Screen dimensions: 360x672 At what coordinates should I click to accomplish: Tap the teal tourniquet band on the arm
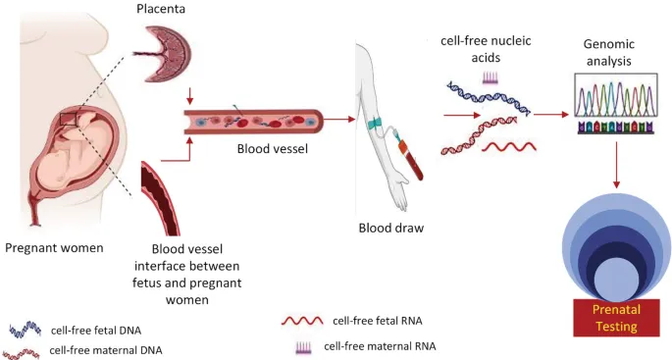click(375, 124)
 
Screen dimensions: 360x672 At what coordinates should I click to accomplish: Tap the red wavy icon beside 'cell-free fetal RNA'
click(302, 321)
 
